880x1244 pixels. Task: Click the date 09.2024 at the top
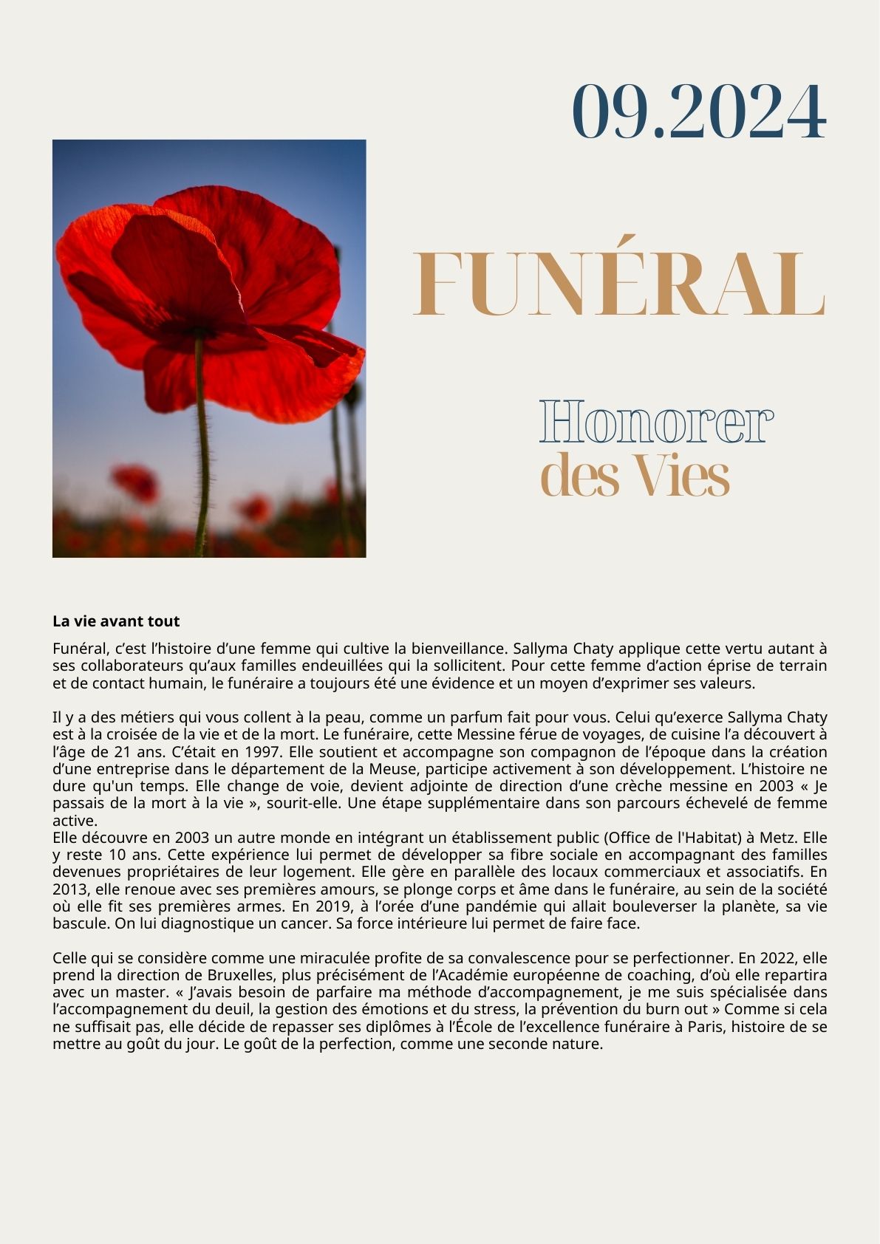pos(698,112)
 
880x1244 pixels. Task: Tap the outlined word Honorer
pos(656,423)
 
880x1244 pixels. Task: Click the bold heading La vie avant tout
pos(116,621)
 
